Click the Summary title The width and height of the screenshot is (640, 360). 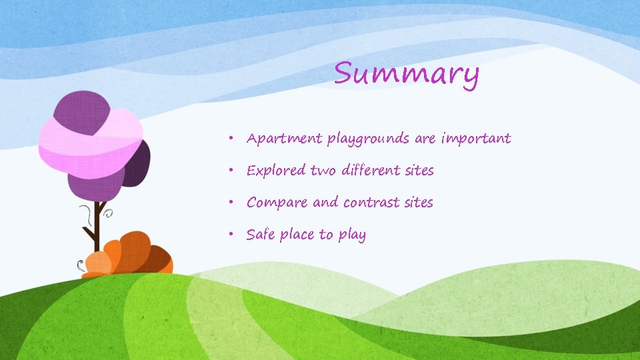(406, 74)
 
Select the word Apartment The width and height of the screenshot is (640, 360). (284, 139)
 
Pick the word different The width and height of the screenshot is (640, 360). (371, 170)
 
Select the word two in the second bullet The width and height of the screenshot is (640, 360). (324, 171)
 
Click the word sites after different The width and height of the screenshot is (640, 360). (419, 170)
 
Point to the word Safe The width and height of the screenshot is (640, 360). (261, 234)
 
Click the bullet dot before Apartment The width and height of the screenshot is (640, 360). (229, 139)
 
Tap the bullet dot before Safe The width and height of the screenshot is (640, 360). (229, 235)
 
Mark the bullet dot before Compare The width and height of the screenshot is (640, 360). (229, 203)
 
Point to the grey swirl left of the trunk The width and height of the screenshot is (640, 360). (85, 215)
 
